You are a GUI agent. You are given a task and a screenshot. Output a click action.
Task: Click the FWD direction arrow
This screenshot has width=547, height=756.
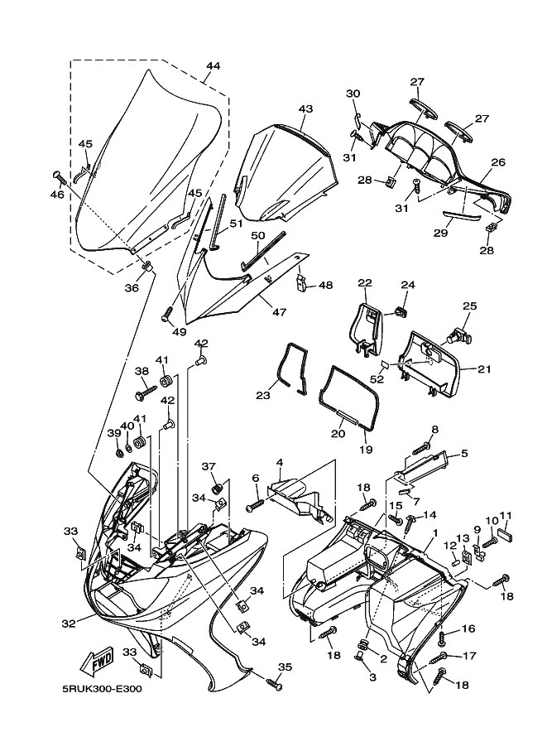pyautogui.click(x=97, y=659)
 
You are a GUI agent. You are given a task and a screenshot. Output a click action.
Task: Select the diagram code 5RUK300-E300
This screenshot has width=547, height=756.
pyautogui.click(x=102, y=688)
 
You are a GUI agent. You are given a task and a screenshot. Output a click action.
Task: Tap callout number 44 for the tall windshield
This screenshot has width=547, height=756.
pyautogui.click(x=213, y=65)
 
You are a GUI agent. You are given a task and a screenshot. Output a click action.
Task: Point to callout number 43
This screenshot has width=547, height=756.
pyautogui.click(x=305, y=109)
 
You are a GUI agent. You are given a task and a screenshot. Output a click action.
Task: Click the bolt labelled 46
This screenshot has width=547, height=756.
pyautogui.click(x=58, y=179)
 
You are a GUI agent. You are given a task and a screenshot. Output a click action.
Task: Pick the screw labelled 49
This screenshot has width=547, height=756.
pyautogui.click(x=168, y=313)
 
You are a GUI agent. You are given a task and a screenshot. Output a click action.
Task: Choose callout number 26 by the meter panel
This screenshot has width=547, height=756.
pyautogui.click(x=498, y=162)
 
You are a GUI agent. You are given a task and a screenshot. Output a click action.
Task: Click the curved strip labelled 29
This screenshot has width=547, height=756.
pyautogui.click(x=462, y=217)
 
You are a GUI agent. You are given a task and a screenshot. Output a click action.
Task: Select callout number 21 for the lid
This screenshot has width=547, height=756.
pyautogui.click(x=484, y=369)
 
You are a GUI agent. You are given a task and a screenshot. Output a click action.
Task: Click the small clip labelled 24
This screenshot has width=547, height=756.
pyautogui.click(x=400, y=312)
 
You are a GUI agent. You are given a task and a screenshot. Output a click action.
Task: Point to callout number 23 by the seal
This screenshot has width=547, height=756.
pyautogui.click(x=263, y=396)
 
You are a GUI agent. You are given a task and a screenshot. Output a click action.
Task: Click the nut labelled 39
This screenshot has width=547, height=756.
pyautogui.click(x=120, y=453)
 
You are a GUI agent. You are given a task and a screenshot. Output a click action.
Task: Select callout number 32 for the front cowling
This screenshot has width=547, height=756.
pyautogui.click(x=69, y=623)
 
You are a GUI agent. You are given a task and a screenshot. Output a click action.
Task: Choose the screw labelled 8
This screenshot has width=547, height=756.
pyautogui.click(x=422, y=448)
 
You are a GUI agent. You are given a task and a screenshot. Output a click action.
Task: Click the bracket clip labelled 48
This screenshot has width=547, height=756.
pyautogui.click(x=300, y=283)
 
